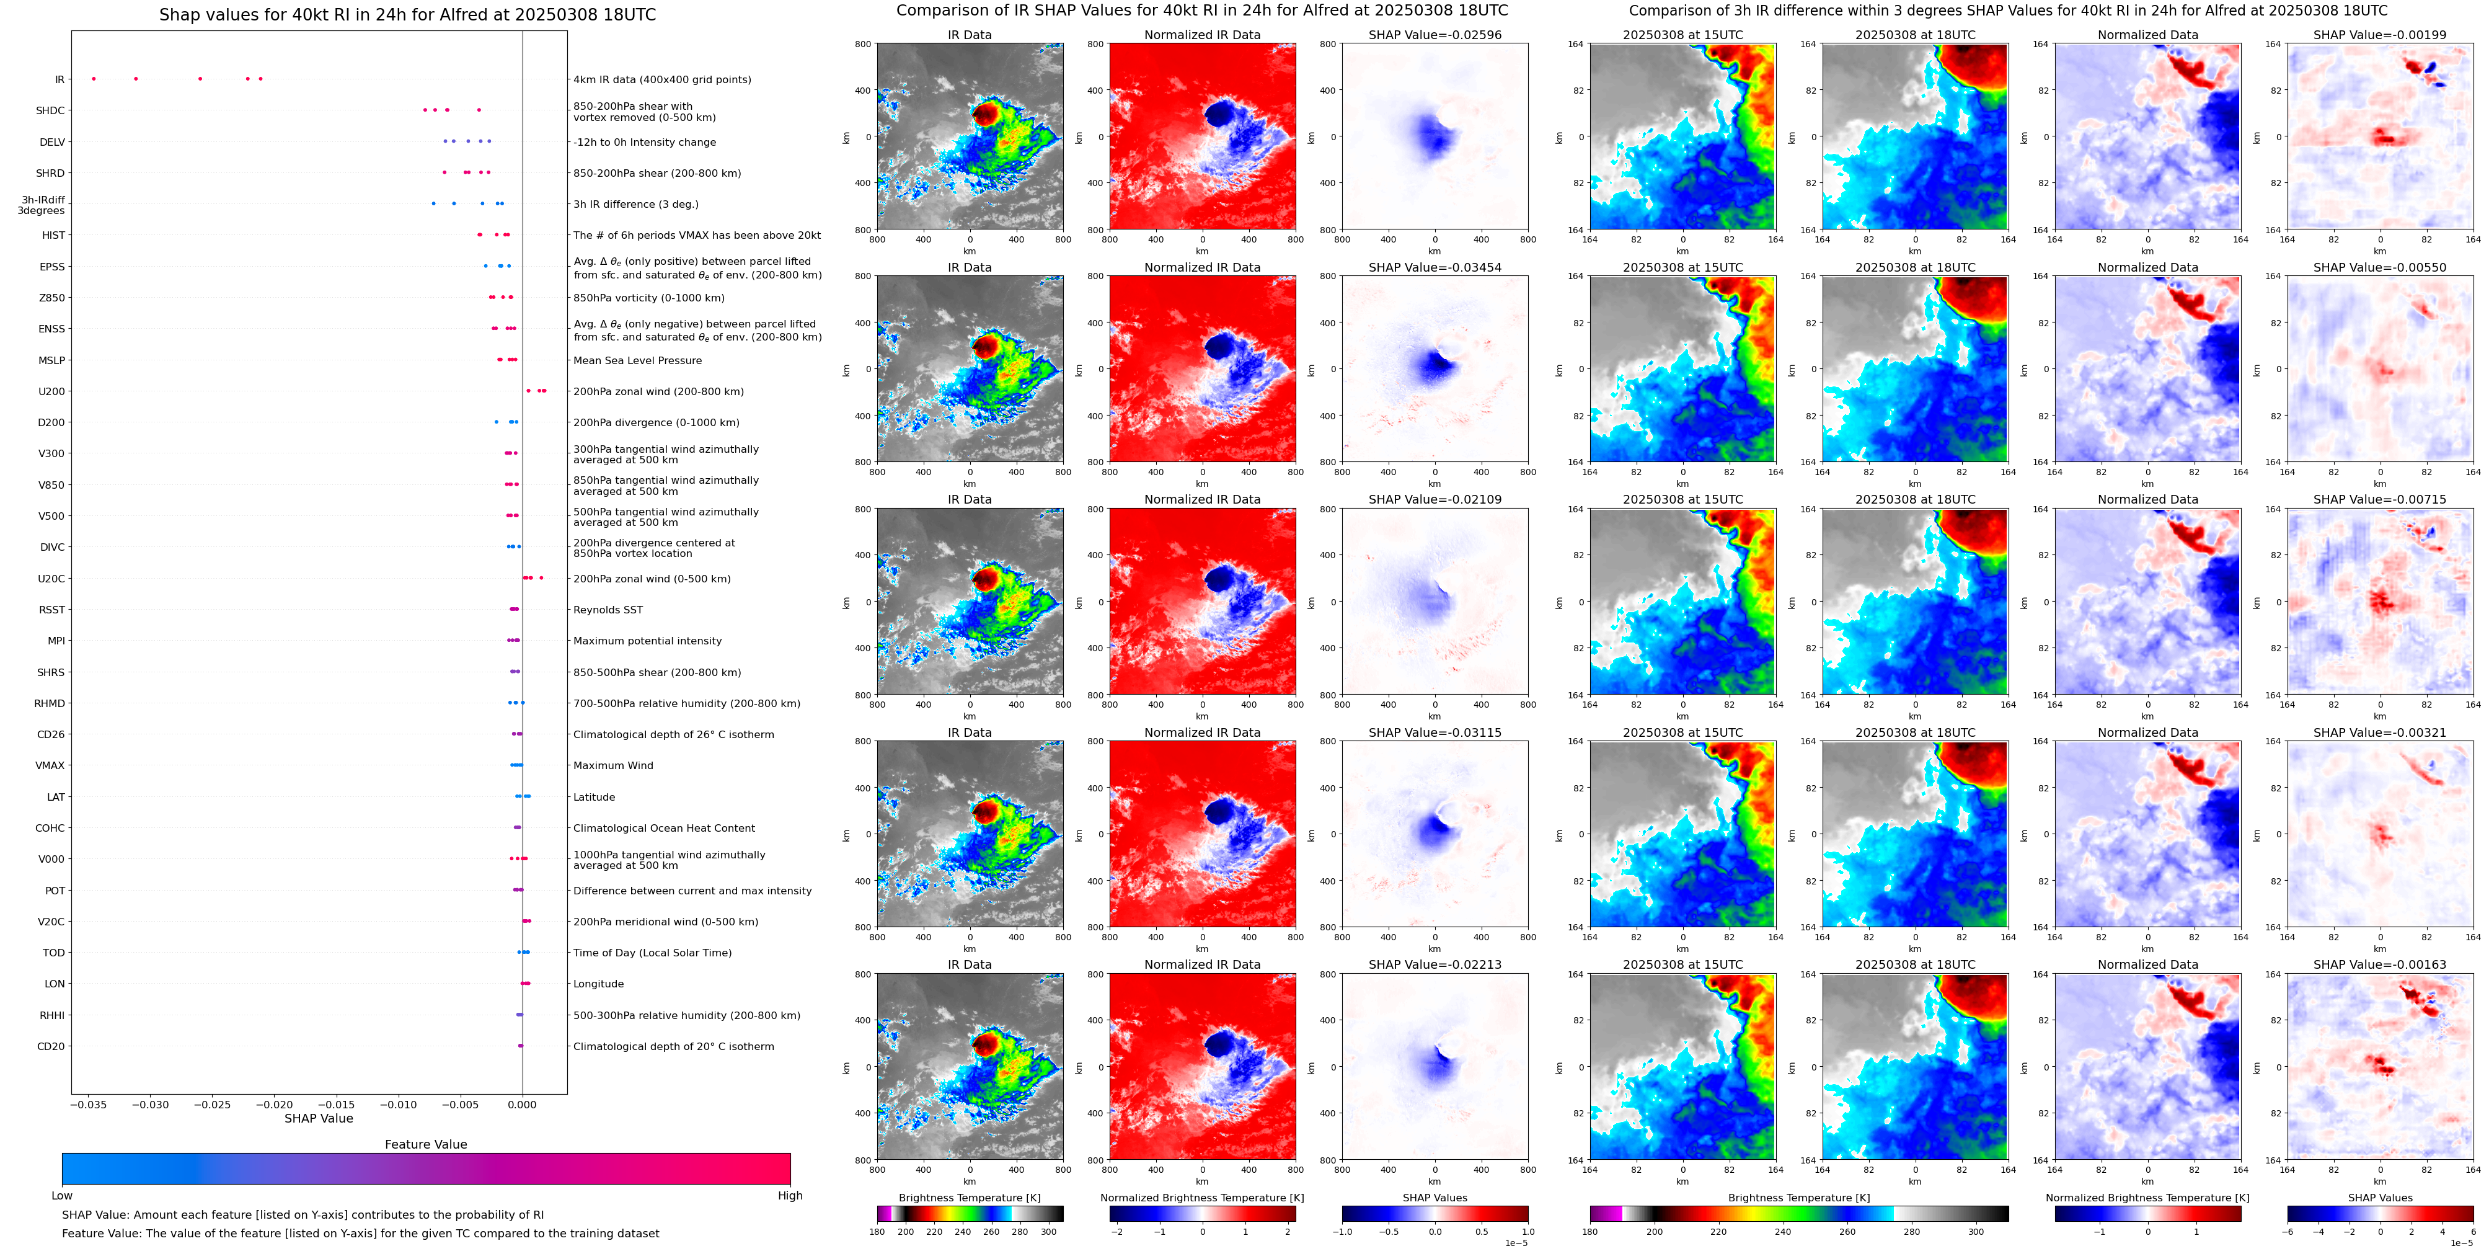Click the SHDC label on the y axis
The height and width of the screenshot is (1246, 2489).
50,111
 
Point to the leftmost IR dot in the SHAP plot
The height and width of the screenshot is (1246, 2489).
94,78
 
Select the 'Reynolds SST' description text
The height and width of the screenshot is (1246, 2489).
607,610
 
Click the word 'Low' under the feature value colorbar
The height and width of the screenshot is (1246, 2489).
62,1196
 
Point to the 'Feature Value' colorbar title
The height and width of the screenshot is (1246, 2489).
425,1144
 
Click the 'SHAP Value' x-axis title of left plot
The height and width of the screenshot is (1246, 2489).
319,1118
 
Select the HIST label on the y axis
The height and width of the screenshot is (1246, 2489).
53,236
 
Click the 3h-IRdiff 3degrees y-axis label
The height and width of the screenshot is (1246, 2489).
42,205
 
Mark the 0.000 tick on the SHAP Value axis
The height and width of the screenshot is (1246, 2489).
522,1105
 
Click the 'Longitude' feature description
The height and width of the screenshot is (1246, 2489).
598,984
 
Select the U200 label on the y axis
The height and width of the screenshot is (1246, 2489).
51,391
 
